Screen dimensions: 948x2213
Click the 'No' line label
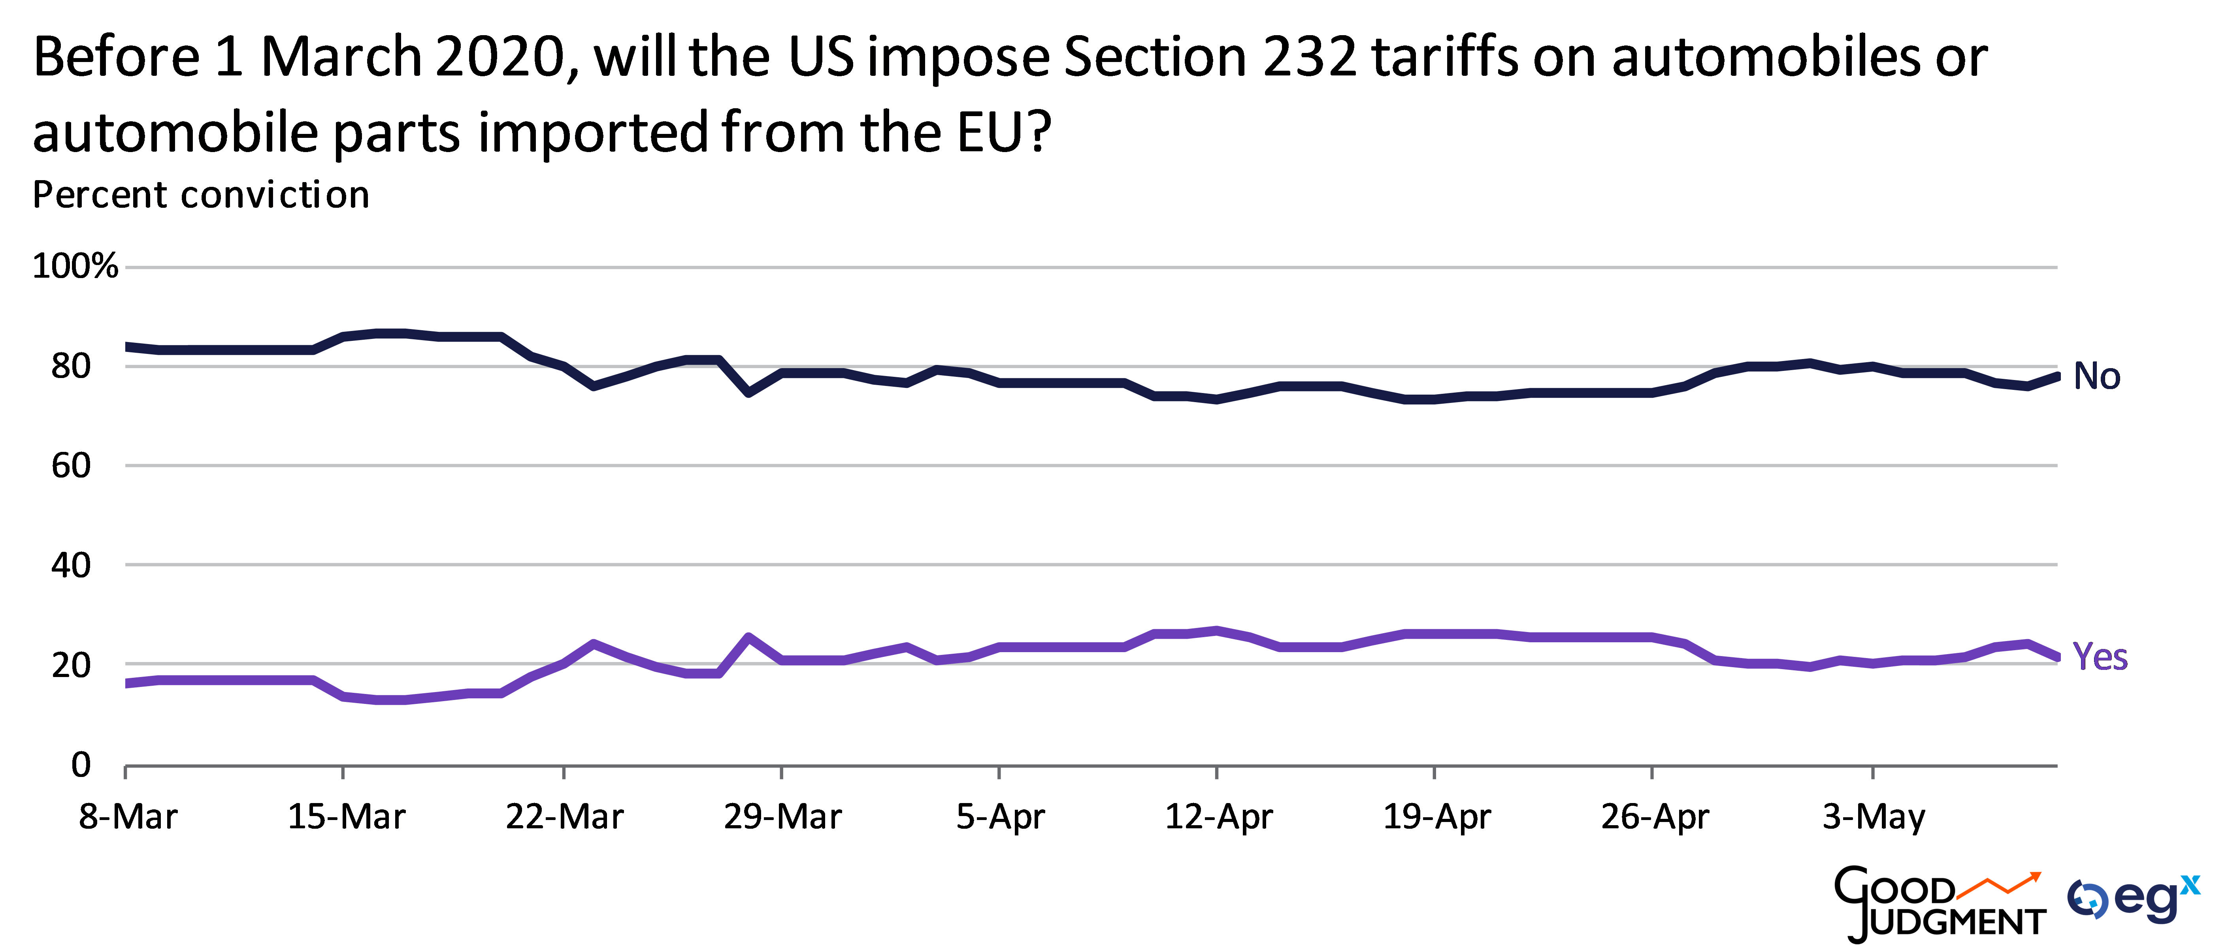(2096, 376)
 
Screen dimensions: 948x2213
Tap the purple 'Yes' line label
(2100, 657)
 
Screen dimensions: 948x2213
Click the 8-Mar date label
(128, 816)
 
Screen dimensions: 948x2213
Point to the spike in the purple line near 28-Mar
(749, 637)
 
